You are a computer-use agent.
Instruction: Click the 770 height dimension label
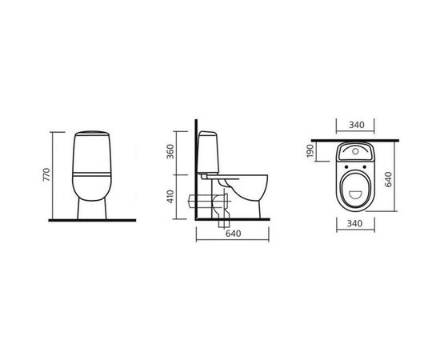46,174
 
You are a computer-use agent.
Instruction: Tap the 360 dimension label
170,152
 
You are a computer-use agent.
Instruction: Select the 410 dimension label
170,197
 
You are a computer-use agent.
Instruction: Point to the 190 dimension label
310,151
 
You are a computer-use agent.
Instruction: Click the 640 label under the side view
233,234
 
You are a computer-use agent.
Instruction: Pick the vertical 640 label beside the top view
388,179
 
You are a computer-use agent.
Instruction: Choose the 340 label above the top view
356,125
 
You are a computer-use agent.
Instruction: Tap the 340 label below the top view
354,224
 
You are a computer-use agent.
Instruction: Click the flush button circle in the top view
355,151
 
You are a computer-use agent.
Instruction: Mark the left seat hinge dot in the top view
346,167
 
